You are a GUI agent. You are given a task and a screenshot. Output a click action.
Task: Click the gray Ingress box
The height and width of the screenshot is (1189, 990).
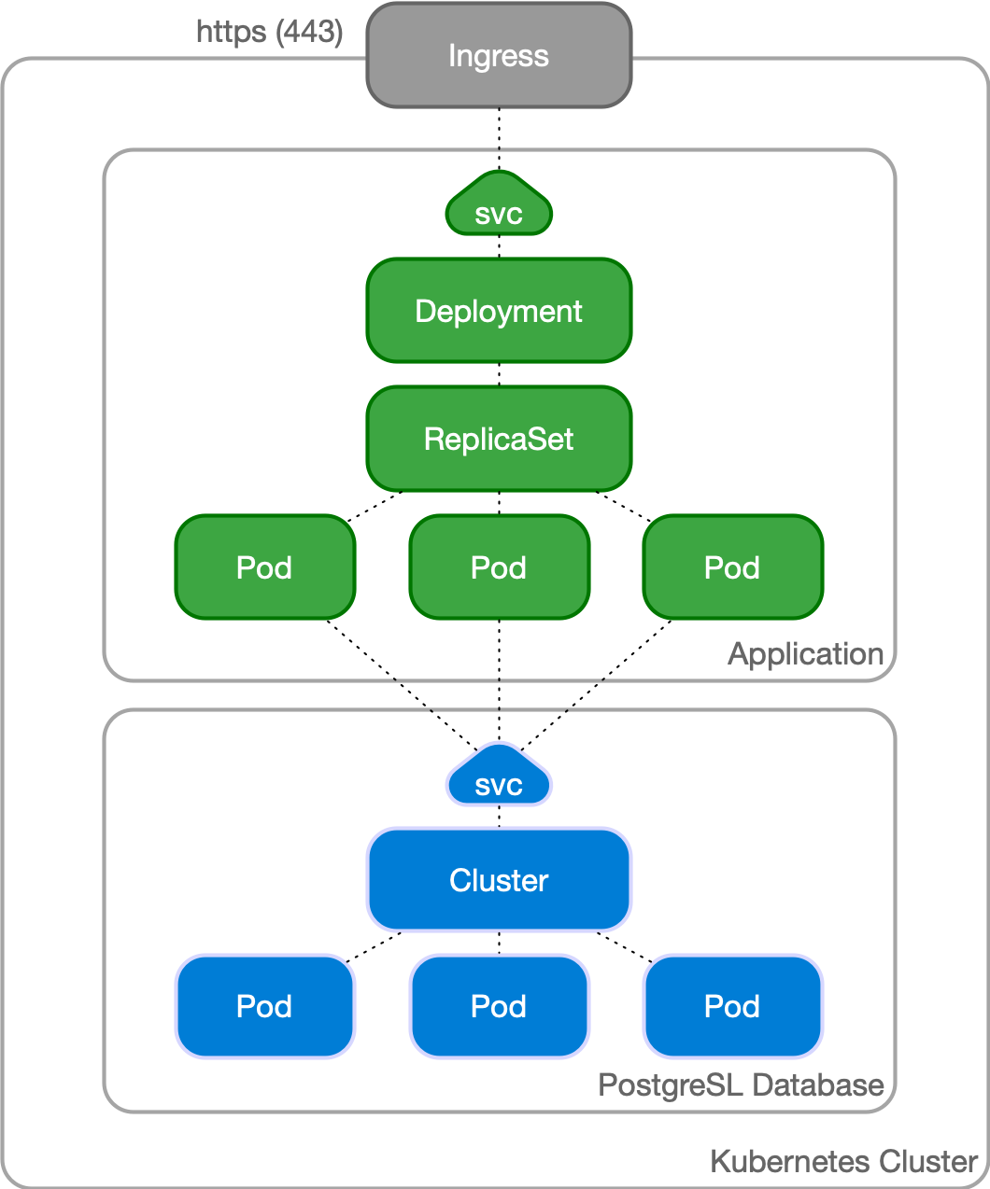point(499,56)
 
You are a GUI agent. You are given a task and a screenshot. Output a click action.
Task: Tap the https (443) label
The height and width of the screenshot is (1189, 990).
point(270,32)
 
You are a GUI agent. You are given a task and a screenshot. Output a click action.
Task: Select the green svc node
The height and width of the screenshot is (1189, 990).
point(499,210)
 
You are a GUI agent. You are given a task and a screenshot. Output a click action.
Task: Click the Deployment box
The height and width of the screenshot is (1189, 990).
point(499,311)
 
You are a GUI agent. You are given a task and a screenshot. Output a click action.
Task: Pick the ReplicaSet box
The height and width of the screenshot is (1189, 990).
point(499,439)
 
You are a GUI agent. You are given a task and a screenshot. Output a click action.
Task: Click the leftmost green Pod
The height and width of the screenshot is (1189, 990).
point(264,567)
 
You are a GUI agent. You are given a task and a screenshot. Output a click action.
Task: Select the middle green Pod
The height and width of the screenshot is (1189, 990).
point(499,567)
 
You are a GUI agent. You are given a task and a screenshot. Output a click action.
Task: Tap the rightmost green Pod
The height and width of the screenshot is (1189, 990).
point(732,567)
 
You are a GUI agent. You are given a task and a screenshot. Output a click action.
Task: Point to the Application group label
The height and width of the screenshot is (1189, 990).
point(805,654)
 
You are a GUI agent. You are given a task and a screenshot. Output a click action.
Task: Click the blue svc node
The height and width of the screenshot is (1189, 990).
point(499,781)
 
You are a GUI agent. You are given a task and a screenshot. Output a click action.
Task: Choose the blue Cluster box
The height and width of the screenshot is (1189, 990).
point(499,880)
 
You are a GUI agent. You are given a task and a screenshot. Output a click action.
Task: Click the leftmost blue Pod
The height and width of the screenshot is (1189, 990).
point(264,1006)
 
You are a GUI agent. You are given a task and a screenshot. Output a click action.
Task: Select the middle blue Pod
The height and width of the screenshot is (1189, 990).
point(499,1006)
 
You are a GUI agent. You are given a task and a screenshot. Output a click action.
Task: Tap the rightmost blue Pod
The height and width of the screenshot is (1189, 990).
point(732,1006)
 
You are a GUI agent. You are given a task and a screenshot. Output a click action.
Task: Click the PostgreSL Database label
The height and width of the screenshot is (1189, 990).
point(741,1085)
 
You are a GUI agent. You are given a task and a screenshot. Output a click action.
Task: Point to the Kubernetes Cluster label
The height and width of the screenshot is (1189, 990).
point(843,1162)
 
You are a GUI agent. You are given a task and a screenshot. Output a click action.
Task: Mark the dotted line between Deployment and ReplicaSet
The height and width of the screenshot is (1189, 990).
point(499,374)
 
